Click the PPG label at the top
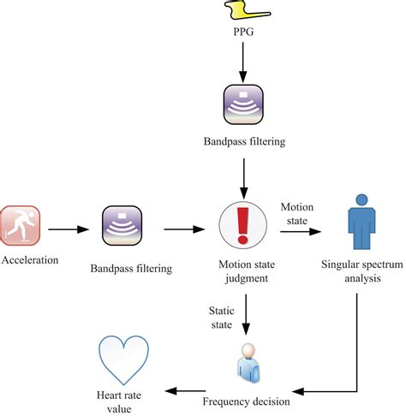coord(243,32)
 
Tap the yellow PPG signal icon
coord(248,9)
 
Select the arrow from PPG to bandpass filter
coord(243,62)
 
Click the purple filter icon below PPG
coord(243,104)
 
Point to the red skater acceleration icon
coord(20,226)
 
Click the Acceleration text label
coord(30,260)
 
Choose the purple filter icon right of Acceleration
coord(122,226)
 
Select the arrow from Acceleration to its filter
coord(69,229)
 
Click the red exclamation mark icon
coord(243,225)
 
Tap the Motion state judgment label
coord(247,271)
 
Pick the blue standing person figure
coord(361,222)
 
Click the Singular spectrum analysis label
coord(362,271)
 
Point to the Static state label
coord(222,318)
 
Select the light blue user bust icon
coord(248,363)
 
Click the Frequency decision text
coord(246,401)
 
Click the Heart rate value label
coord(119,402)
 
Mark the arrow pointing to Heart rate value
coord(185,391)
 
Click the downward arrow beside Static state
coord(246,314)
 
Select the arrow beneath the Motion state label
coord(301,231)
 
